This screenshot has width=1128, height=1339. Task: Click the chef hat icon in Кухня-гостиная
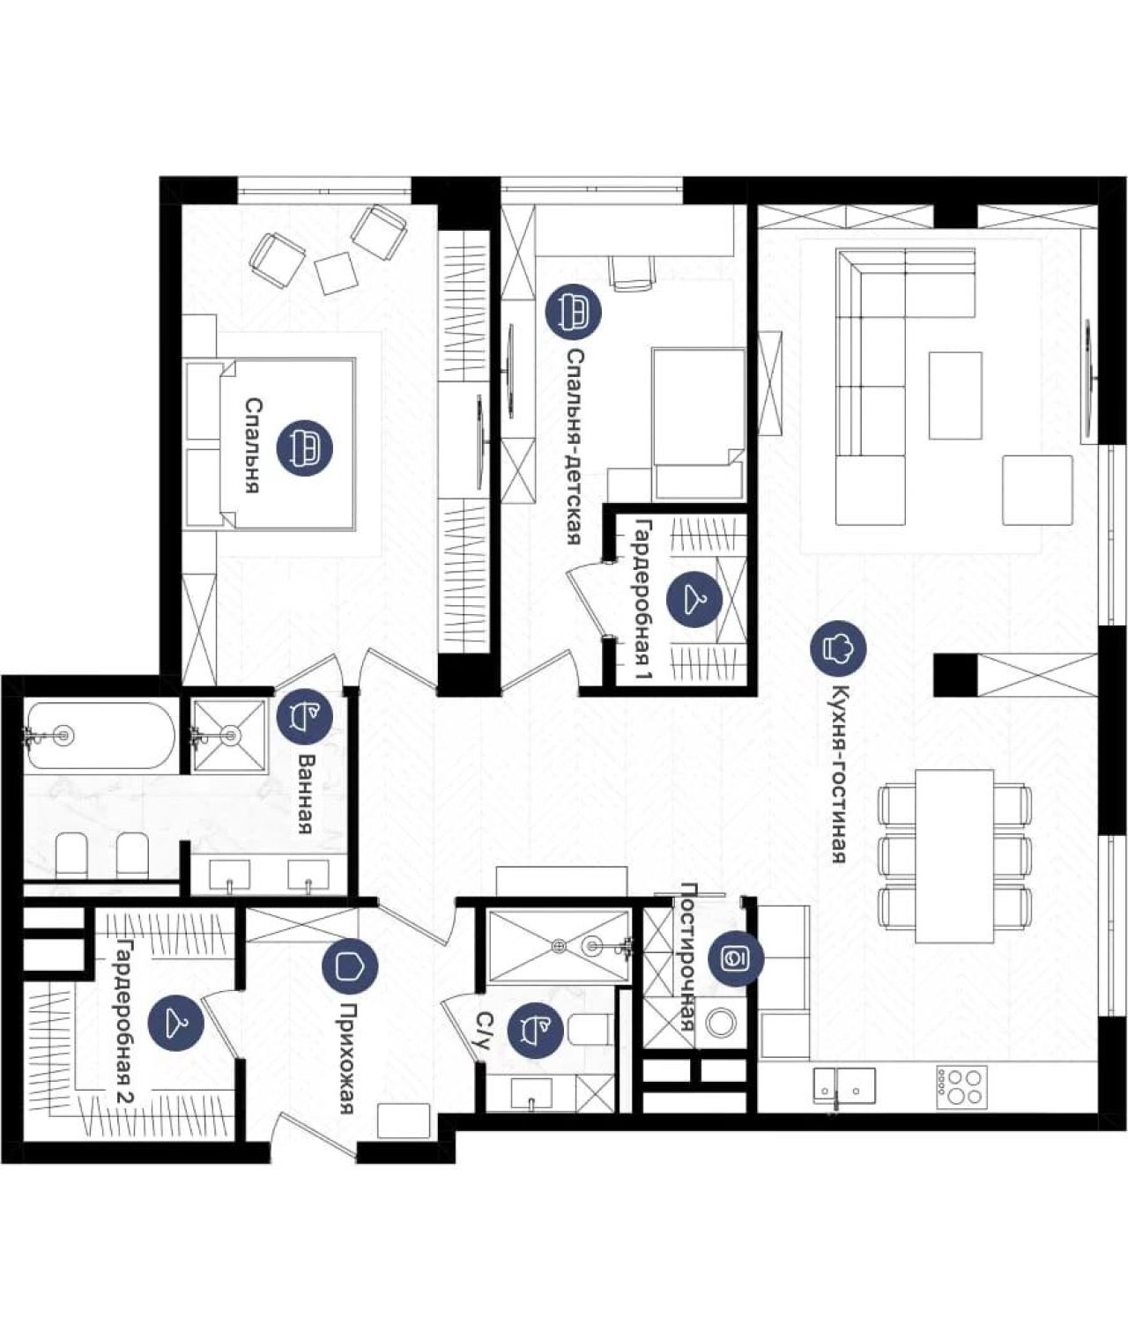[838, 648]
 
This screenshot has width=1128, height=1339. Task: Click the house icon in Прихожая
[350, 966]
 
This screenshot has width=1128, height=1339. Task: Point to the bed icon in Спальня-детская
[574, 310]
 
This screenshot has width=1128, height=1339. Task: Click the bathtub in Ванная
[100, 735]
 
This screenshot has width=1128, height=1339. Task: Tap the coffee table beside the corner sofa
[955, 395]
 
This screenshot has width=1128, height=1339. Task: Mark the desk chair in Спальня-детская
[634, 272]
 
